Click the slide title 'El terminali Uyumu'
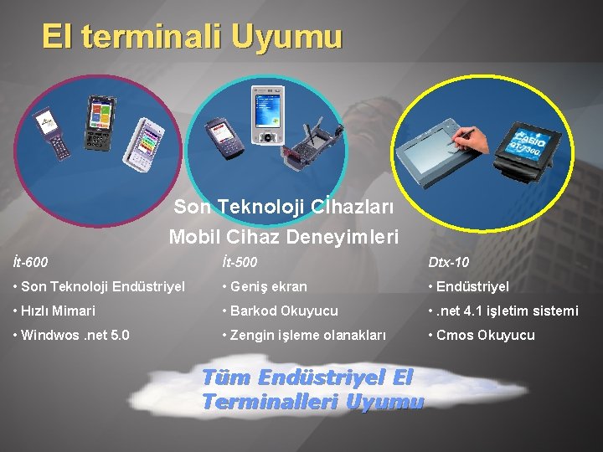(x=192, y=37)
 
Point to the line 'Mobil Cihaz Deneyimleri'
(x=284, y=237)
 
